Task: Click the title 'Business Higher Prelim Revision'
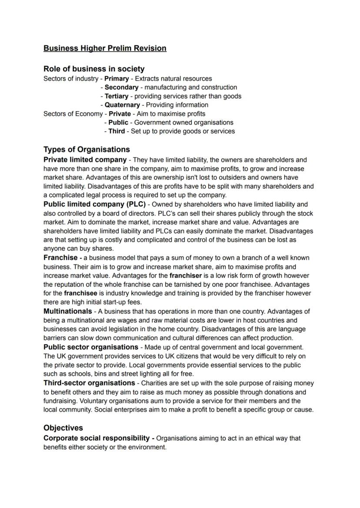click(x=105, y=48)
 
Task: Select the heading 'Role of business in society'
click(x=94, y=69)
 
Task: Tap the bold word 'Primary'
click(x=117, y=79)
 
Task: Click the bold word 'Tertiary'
click(x=117, y=96)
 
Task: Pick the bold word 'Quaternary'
click(x=122, y=105)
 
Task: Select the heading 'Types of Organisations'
click(x=87, y=149)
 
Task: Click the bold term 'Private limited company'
click(x=85, y=159)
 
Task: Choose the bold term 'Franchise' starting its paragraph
click(x=60, y=258)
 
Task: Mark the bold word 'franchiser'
click(x=186, y=276)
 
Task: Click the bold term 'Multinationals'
click(x=68, y=311)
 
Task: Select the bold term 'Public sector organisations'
click(x=91, y=347)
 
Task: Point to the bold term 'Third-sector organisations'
click(x=89, y=383)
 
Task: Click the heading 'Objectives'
click(x=63, y=428)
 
